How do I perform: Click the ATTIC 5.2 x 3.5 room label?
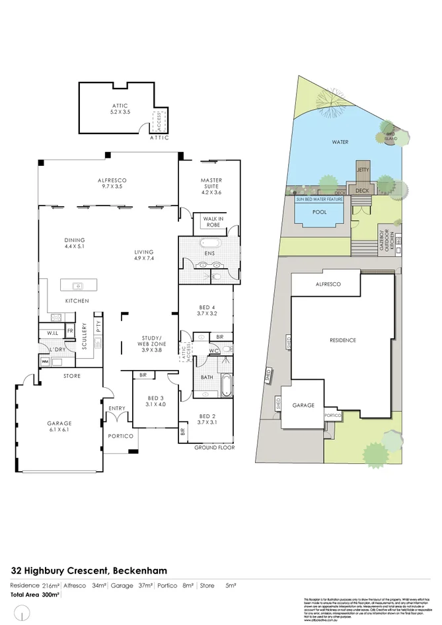120,110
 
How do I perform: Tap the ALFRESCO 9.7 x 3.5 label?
112,184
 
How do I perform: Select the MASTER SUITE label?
211,184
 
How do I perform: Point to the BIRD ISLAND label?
390,136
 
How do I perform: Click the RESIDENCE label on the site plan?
343,340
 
